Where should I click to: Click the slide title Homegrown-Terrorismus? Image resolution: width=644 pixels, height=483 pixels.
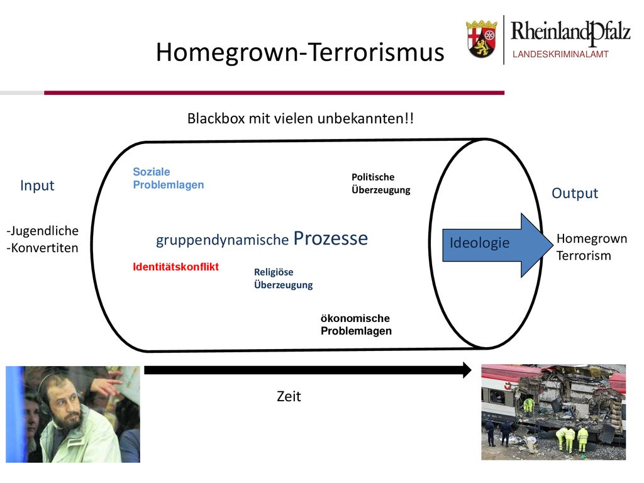coord(300,53)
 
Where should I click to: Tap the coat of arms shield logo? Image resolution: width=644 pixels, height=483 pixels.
coord(481,39)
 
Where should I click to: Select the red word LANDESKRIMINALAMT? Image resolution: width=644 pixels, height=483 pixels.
coord(560,54)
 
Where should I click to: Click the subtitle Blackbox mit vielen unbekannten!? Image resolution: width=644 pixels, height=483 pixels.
coord(300,118)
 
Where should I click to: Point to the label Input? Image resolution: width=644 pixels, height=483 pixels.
coord(37,186)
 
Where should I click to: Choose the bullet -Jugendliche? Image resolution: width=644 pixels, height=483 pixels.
coord(42,231)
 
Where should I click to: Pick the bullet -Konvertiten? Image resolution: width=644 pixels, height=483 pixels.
coord(42,248)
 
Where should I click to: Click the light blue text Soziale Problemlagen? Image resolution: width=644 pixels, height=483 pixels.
coord(169,178)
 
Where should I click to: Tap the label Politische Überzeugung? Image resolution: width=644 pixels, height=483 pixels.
coord(380,184)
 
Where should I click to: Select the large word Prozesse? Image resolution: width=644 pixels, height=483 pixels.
coord(331,238)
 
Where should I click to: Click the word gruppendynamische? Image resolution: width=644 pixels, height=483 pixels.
coord(222,240)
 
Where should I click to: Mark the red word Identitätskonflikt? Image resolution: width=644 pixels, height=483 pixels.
coord(176,267)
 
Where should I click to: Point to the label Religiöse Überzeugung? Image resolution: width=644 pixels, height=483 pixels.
coord(284,279)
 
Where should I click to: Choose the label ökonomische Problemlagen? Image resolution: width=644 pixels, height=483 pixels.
coord(356,325)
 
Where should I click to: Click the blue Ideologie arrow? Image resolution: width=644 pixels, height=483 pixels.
coord(497,245)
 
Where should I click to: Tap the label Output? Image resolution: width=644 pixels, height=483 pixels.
coord(575,193)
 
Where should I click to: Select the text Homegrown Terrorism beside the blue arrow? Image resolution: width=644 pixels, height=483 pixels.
coord(591,247)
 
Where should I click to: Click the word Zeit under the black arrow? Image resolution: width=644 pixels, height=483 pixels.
coord(289,396)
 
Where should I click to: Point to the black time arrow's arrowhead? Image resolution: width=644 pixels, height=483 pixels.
coord(467,370)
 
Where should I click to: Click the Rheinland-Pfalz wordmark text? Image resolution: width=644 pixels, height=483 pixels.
coord(570,33)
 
